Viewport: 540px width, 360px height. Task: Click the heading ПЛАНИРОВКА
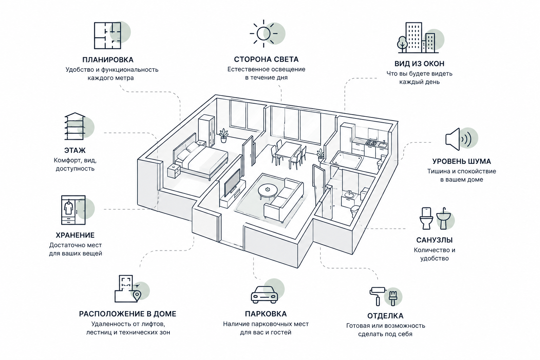coord(108,59)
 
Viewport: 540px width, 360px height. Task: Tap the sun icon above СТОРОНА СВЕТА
coord(263,33)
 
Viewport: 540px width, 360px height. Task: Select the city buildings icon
coord(418,38)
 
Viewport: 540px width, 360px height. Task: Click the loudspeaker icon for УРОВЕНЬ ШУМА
coord(458,139)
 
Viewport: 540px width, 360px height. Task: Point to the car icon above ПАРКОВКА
coord(264,295)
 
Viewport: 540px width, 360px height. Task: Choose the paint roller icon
coord(378,296)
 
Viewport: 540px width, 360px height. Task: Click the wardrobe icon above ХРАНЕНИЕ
coord(73,210)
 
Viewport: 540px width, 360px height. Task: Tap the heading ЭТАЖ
coord(75,150)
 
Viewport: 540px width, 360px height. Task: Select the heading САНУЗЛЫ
coord(435,240)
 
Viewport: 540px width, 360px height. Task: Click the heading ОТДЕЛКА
coord(385,316)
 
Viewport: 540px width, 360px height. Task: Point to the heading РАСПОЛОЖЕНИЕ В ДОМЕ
coord(128,314)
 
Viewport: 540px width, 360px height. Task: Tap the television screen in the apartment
coord(232,182)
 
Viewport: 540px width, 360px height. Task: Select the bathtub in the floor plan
coord(347,160)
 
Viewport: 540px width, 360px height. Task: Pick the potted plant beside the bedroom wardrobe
coord(224,135)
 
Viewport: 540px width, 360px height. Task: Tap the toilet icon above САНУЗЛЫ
coord(426,218)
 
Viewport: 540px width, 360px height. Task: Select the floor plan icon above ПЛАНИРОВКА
coord(107,36)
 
